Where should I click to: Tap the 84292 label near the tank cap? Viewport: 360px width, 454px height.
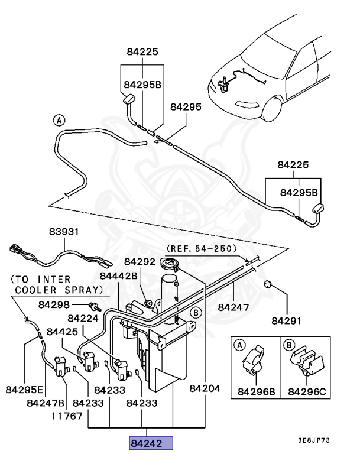click(x=140, y=261)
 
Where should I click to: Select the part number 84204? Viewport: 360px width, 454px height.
click(x=205, y=390)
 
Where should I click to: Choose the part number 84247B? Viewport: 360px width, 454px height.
click(x=46, y=403)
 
